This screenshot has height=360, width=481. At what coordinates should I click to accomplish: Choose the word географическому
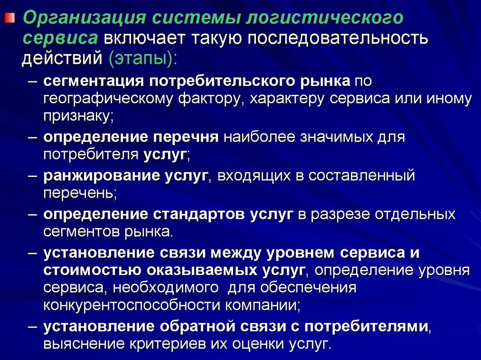coord(101,99)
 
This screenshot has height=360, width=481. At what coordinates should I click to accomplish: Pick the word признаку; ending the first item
coord(79,117)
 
